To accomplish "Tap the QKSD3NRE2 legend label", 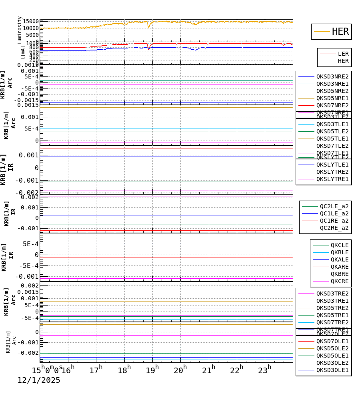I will (332, 76).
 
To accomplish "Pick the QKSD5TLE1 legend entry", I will (332, 139).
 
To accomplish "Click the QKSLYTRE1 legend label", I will (332, 179).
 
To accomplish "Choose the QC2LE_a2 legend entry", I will (334, 206).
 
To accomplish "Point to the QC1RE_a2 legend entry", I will (334, 221).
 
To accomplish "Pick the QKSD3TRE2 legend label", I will (332, 293).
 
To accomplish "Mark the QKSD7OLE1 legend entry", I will (332, 341).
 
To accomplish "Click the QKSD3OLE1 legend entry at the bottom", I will (332, 370).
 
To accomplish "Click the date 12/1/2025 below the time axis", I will (38, 380).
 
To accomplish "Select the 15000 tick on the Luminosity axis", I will (31, 22).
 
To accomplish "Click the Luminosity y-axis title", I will (20, 30).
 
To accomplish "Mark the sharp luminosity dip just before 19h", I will (149, 27).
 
